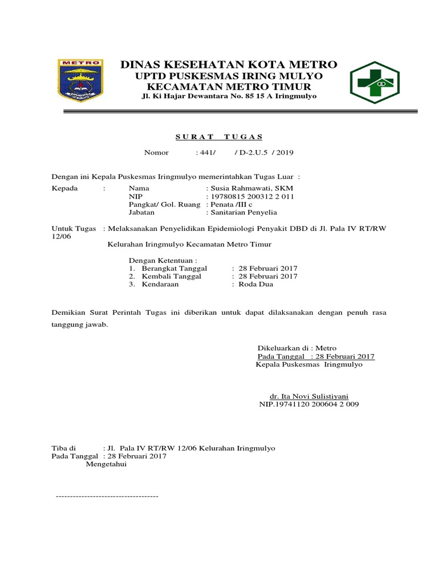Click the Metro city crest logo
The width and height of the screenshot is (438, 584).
pyautogui.click(x=80, y=81)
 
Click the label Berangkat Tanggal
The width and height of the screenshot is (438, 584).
pyautogui.click(x=174, y=268)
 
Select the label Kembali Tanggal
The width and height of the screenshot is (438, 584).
pyautogui.click(x=172, y=276)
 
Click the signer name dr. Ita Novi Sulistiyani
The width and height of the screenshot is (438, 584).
pyautogui.click(x=309, y=396)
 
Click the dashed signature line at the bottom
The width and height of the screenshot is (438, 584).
pyautogui.click(x=107, y=496)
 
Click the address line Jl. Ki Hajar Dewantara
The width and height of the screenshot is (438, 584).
pyautogui.click(x=229, y=96)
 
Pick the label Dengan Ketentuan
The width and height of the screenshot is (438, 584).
pyautogui.click(x=163, y=259)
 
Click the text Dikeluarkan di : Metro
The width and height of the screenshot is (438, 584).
pyautogui.click(x=297, y=348)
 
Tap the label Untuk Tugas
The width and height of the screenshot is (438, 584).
pyautogui.click(x=74, y=229)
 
